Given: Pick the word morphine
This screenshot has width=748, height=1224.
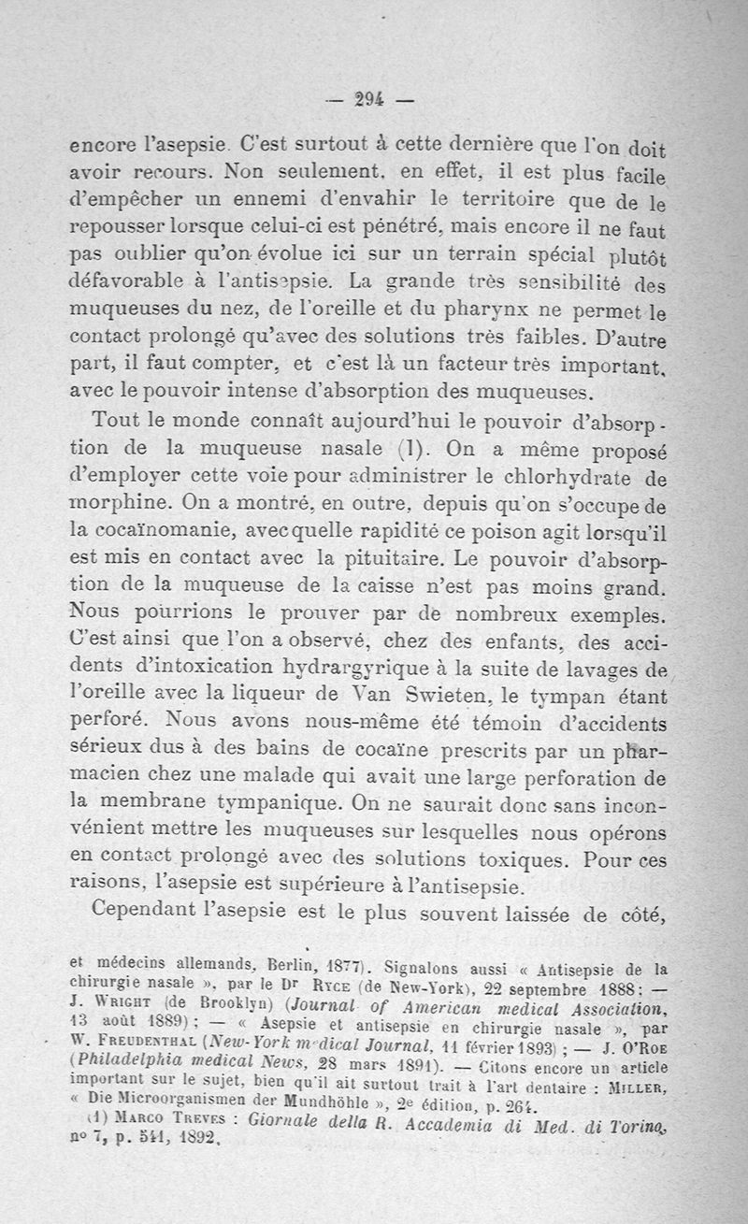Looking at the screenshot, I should pos(122,502).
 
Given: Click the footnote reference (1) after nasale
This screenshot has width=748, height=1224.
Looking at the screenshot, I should pos(386,449).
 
